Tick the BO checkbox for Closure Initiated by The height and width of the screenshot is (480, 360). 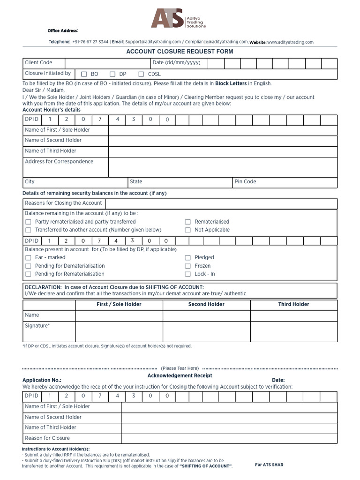pos(84,74)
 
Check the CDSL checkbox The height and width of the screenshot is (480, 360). pos(141,74)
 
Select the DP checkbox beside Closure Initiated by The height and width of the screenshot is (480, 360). pos(112,74)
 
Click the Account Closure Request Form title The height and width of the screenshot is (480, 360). pos(180,52)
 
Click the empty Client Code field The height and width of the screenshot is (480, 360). pos(107,63)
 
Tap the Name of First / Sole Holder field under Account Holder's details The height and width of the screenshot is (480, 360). pos(222,130)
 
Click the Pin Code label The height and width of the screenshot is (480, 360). pos(246,182)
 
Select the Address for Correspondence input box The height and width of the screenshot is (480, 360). pos(222,167)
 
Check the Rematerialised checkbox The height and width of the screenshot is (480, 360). pos(188,222)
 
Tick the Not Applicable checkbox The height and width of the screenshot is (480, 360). pos(188,230)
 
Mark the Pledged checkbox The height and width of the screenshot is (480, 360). pos(188,258)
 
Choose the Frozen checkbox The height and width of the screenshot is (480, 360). pos(188,266)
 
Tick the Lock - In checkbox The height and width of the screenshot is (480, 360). pos(188,274)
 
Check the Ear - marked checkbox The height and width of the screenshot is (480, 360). pos(28,258)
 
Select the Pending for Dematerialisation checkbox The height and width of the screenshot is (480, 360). pos(28,266)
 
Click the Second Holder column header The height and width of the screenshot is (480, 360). pos(206,305)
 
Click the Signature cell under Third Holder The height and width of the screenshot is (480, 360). pos(293,331)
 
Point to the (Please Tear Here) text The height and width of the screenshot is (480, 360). pos(180,368)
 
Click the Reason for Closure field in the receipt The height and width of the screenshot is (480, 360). pos(229,438)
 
